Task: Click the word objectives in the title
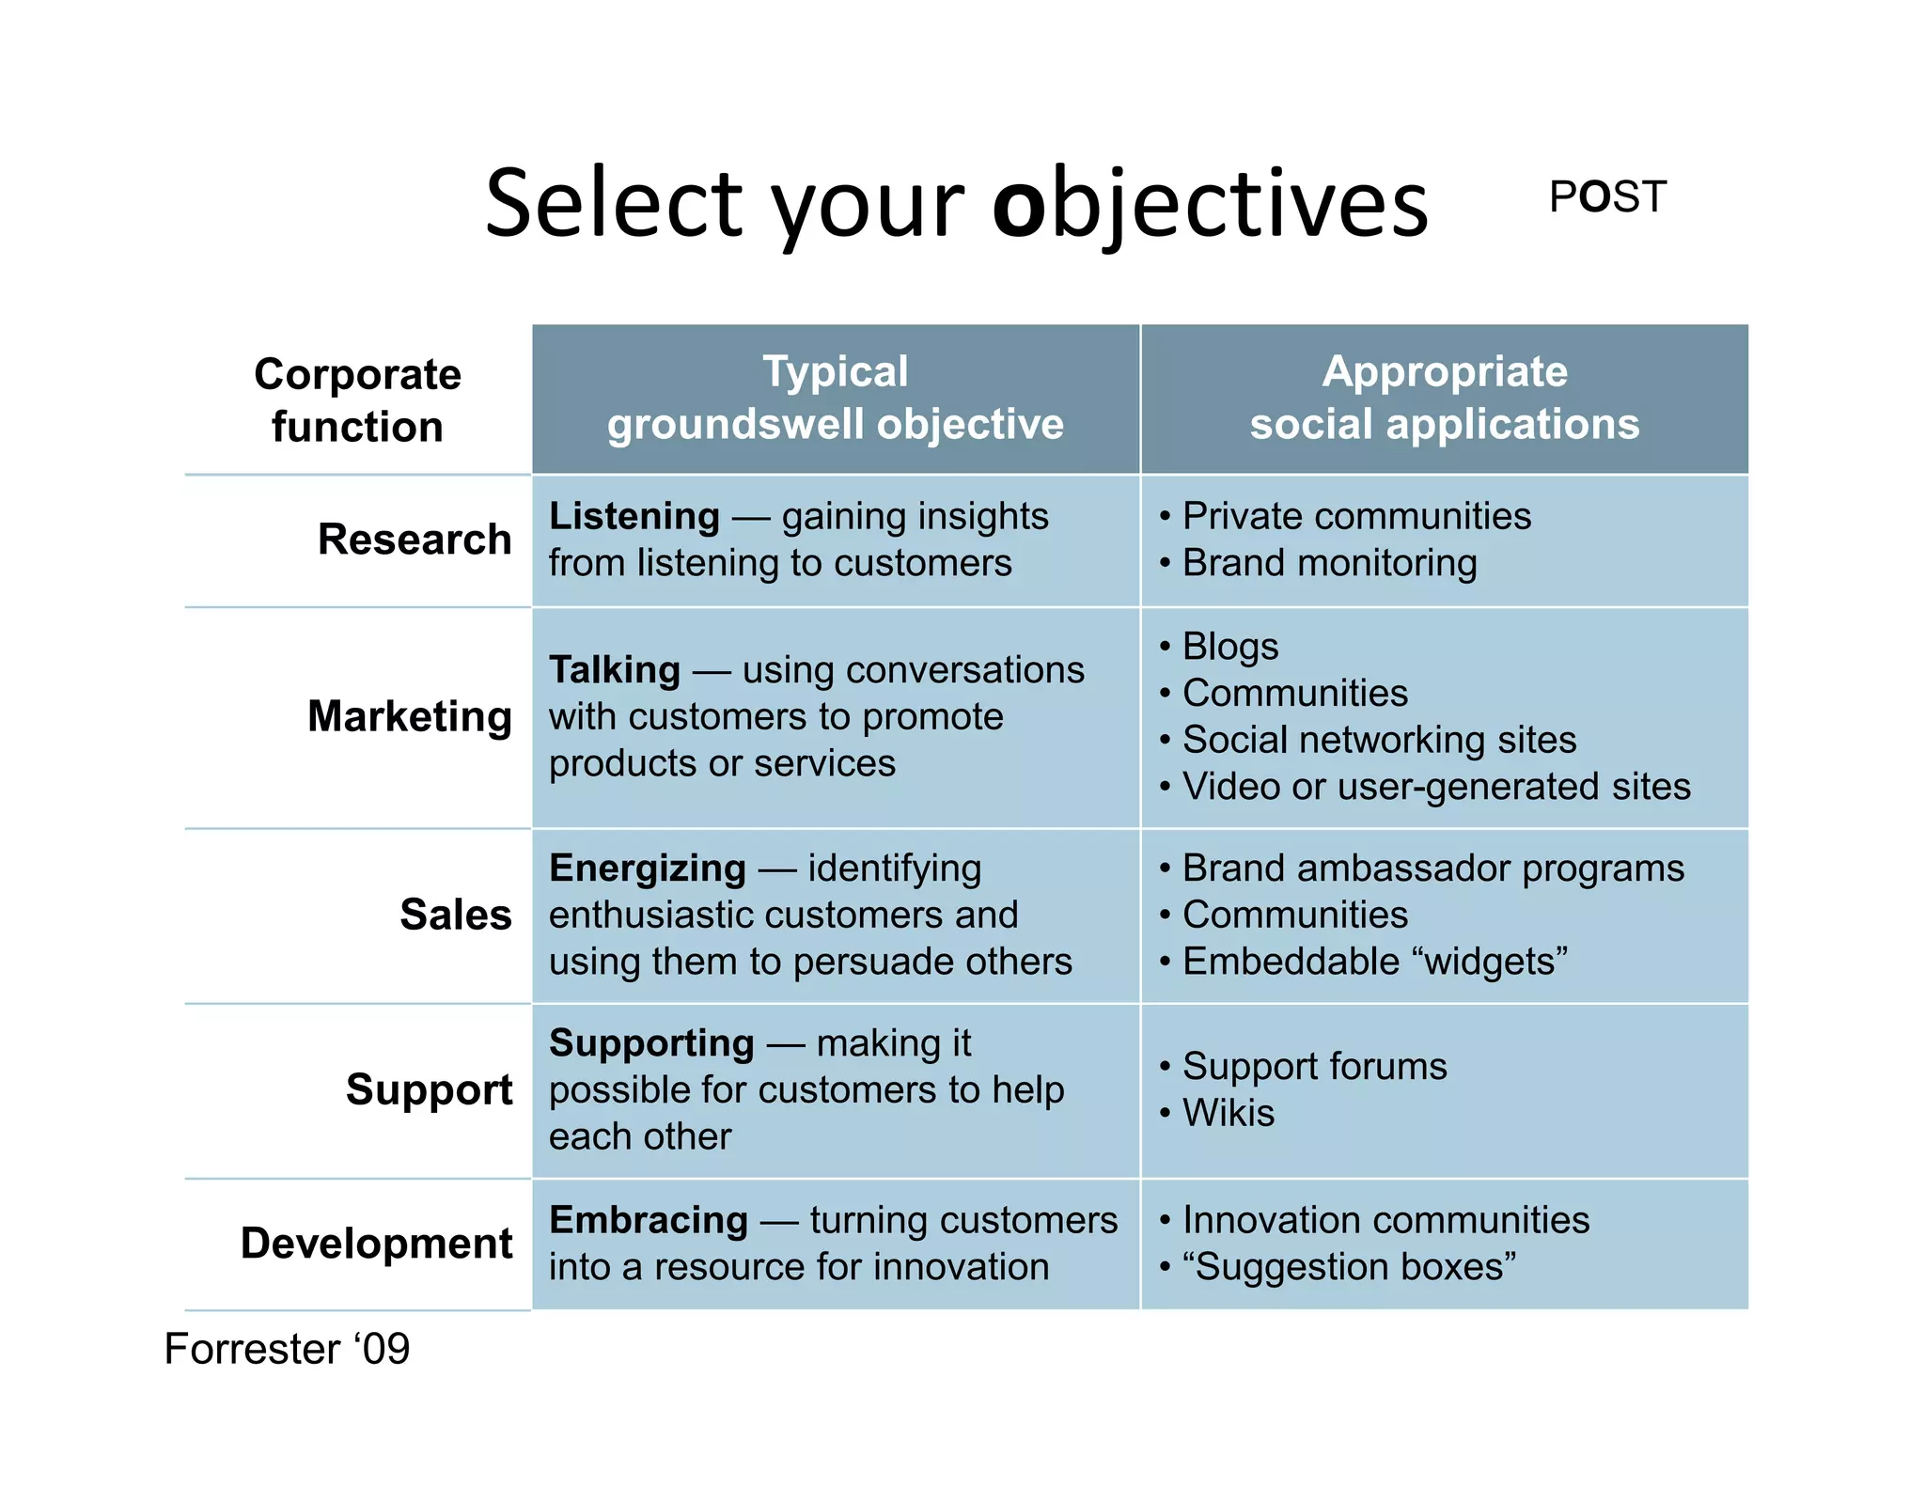click(x=1211, y=205)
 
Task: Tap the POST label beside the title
click(x=1607, y=197)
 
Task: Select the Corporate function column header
click(x=357, y=400)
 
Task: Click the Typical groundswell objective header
click(x=835, y=399)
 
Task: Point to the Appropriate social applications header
click(x=1444, y=399)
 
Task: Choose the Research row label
click(x=415, y=540)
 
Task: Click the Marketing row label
click(x=410, y=716)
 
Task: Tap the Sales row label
click(x=456, y=915)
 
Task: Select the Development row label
click(x=377, y=1244)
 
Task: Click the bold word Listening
click(x=634, y=516)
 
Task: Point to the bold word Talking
click(x=615, y=670)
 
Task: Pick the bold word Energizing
click(x=648, y=869)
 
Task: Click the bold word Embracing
click(x=649, y=1220)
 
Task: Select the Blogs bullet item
click(x=1229, y=647)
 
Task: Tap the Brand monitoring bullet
click(x=1329, y=563)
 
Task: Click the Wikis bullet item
click(x=1228, y=1113)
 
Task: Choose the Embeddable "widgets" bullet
click(x=1374, y=962)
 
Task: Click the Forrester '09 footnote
click(x=287, y=1350)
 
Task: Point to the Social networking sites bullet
click(x=1378, y=740)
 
